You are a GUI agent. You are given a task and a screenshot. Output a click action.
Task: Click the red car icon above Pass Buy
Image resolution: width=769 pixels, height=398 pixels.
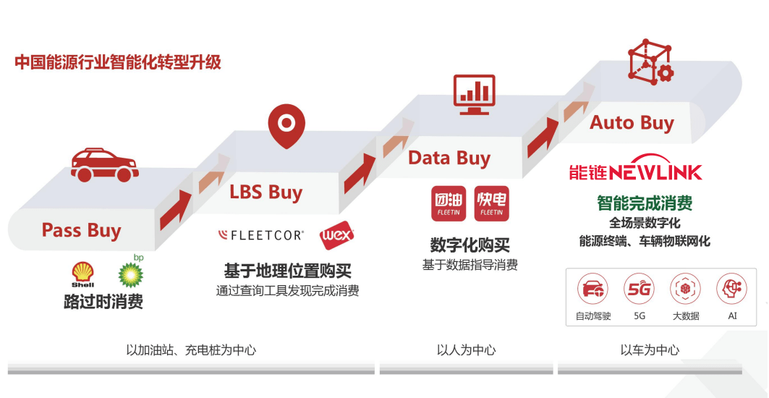tap(104, 166)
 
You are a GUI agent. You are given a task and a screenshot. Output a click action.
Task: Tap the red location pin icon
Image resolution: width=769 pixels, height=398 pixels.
tap(286, 125)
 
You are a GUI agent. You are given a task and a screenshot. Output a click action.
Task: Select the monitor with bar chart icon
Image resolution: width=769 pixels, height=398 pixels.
tap(475, 95)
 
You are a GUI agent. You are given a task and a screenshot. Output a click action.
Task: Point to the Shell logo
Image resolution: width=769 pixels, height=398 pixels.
tap(83, 274)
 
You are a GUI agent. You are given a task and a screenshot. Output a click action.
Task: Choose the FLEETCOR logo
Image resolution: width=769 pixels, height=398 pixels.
tap(261, 236)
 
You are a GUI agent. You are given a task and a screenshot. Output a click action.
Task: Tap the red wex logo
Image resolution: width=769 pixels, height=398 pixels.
tap(337, 237)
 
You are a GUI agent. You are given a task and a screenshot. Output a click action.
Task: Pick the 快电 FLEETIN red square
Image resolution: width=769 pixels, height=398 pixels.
tap(491, 203)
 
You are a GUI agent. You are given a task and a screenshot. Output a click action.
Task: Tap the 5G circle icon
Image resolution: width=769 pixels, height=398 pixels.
tap(639, 289)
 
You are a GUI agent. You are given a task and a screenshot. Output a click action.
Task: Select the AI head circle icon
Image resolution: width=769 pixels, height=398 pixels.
tap(731, 289)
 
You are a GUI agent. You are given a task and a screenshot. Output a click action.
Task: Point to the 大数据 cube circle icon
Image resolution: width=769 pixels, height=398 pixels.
tap(686, 289)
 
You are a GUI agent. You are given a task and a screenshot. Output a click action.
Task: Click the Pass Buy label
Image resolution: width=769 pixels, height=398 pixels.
tap(81, 230)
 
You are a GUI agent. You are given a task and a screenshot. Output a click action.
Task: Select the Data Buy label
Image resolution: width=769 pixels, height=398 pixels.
tap(449, 158)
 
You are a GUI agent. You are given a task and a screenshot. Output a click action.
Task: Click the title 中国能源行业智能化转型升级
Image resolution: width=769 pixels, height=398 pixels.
tap(118, 63)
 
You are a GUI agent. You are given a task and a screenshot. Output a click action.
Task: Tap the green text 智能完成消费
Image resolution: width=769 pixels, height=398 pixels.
tap(645, 203)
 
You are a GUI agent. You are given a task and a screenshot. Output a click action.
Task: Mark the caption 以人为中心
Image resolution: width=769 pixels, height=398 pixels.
tap(467, 350)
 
